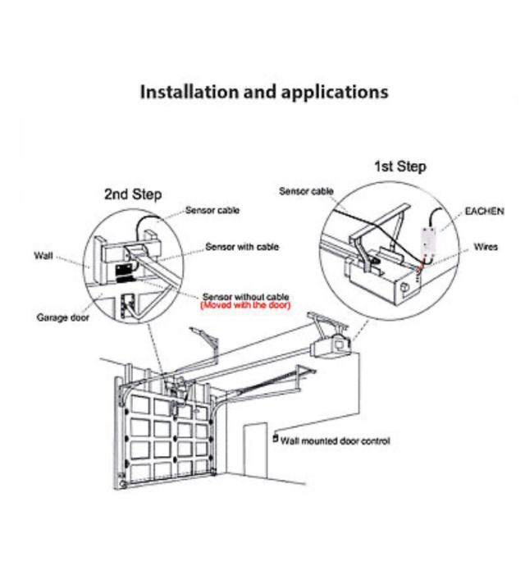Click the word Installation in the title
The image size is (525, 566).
pyautogui.click(x=185, y=92)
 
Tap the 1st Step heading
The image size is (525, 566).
pyautogui.click(x=400, y=167)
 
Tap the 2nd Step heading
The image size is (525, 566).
pyautogui.click(x=133, y=194)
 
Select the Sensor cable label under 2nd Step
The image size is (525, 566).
pyautogui.click(x=212, y=211)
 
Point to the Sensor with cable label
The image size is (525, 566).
pyautogui.click(x=242, y=246)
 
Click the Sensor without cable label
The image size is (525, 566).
pyautogui.click(x=245, y=296)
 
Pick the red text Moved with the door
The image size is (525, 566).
pyautogui.click(x=245, y=305)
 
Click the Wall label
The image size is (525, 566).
pyautogui.click(x=43, y=256)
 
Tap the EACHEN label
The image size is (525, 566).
pyautogui.click(x=484, y=212)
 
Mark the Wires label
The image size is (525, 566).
pyautogui.click(x=486, y=247)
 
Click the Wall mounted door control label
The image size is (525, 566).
pyautogui.click(x=336, y=441)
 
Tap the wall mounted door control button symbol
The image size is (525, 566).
pyautogui.click(x=275, y=438)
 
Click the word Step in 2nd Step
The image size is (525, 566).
pyautogui.click(x=147, y=194)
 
